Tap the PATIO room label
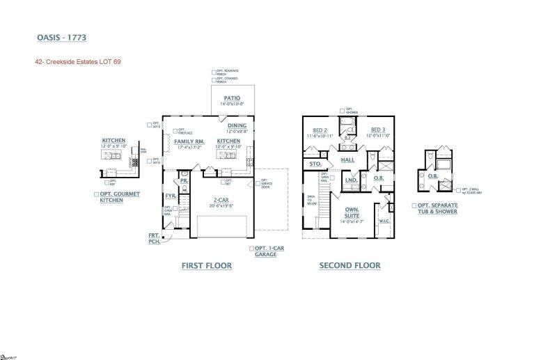point(233,99)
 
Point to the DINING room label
point(237,126)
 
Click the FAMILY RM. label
point(189,141)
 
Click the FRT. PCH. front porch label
point(153,238)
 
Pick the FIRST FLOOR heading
point(206,265)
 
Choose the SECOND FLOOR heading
point(350,265)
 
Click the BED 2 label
point(320,130)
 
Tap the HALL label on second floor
point(349,160)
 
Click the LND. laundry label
point(352,180)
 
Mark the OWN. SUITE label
point(352,212)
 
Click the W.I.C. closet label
point(384,221)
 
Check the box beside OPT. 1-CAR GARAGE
point(251,249)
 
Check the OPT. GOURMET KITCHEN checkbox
point(95,194)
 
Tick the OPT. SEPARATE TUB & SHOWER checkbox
point(414,206)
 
